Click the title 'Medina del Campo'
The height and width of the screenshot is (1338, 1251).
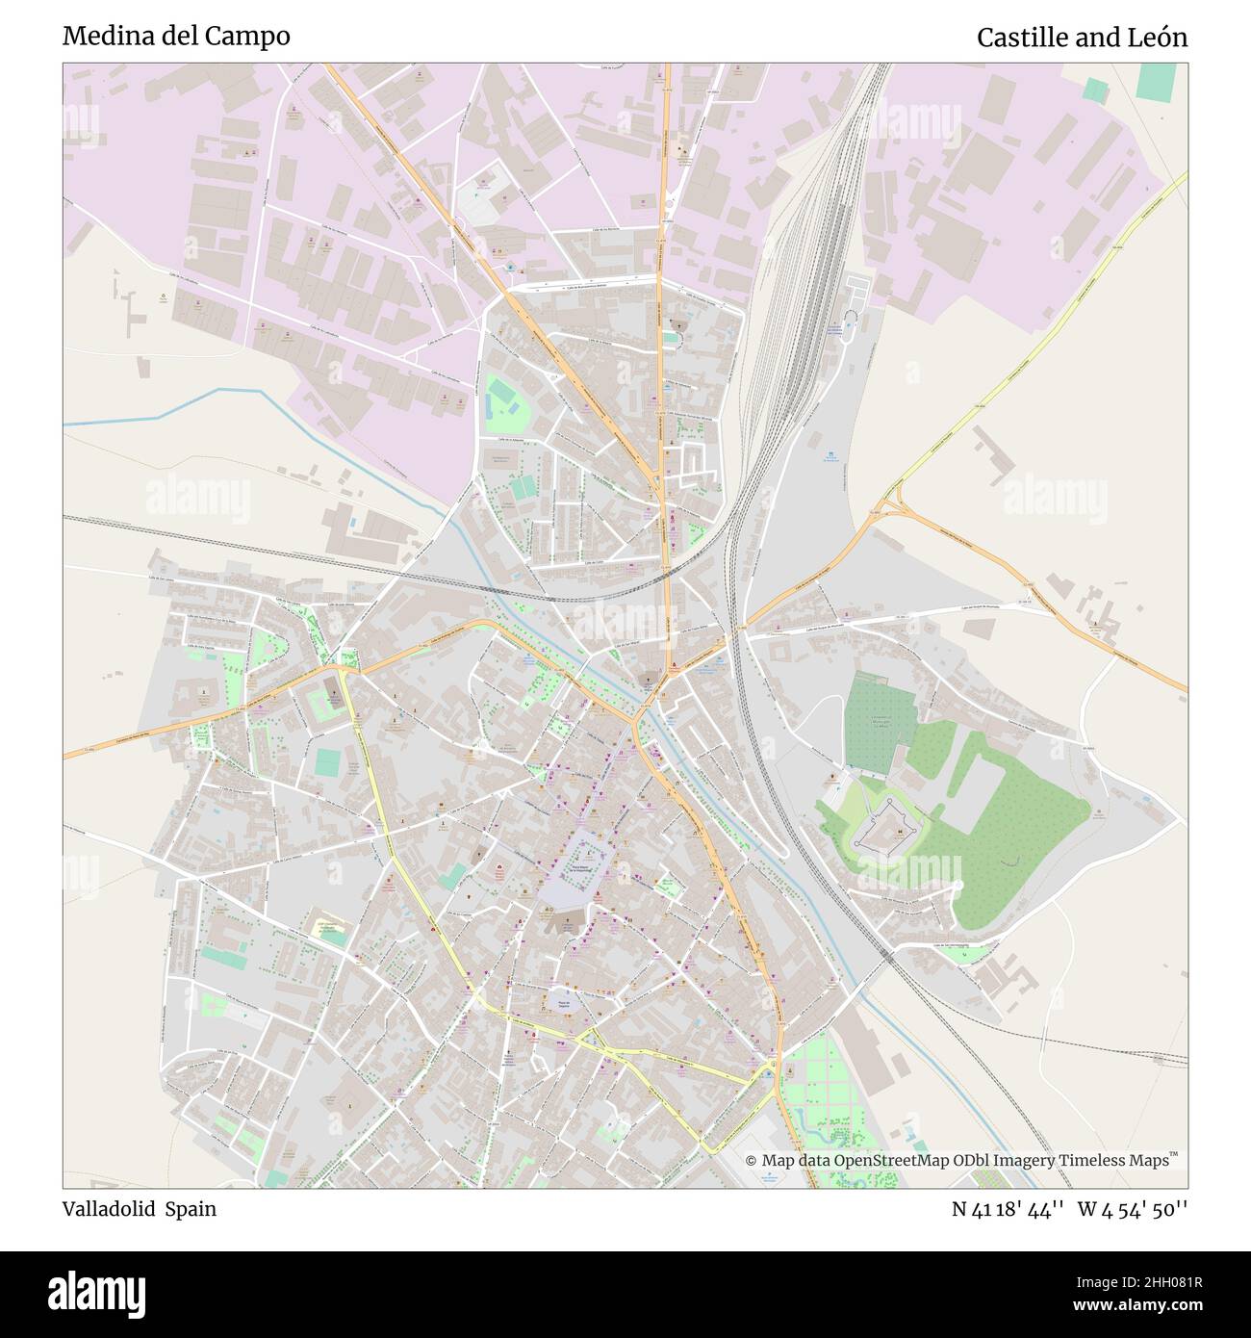176,37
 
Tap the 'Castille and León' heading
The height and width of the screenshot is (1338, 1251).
1082,38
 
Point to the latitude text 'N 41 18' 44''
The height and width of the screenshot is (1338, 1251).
1008,1209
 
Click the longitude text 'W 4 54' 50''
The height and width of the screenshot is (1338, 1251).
1133,1209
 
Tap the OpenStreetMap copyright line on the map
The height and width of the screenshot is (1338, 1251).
961,1160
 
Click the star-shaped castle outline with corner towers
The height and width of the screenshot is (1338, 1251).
888,826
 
